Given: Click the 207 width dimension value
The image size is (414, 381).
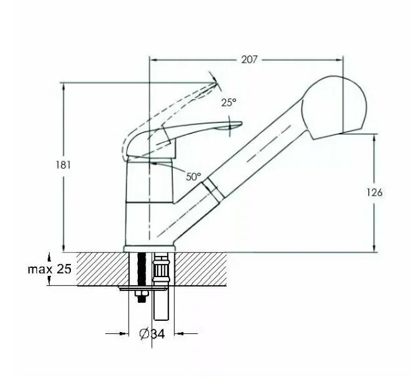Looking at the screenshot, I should [249, 60].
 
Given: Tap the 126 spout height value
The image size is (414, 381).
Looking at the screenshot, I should [374, 192].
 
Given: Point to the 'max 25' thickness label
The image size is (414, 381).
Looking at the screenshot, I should [49, 269].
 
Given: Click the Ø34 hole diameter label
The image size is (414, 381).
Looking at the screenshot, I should [152, 334].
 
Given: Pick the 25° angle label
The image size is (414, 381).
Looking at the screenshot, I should [229, 102].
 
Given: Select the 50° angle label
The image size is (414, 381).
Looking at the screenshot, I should [193, 177].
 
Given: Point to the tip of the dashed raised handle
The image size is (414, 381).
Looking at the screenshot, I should [215, 83].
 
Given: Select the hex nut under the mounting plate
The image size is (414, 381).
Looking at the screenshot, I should [141, 296].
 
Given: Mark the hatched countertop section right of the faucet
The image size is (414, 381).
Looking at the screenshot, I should [199, 269].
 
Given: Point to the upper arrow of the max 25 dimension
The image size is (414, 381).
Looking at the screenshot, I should [50, 255].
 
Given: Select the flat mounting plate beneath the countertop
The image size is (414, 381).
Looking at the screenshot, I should [142, 288].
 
